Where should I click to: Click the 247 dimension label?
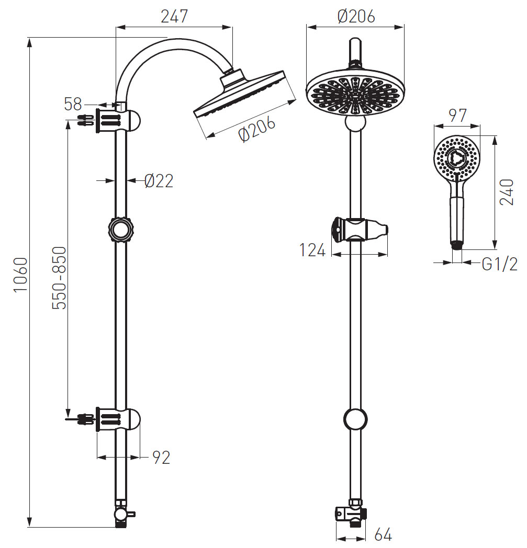[174, 16]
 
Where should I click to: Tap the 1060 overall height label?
[20, 275]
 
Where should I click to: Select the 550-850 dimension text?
[59, 278]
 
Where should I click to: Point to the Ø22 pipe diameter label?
[159, 181]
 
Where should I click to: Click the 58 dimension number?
[73, 104]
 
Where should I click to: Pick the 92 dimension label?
[161, 458]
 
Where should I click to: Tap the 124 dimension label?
[312, 250]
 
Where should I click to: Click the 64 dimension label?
[383, 535]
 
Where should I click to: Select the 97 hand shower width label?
[457, 116]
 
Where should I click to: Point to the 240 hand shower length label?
[507, 192]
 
